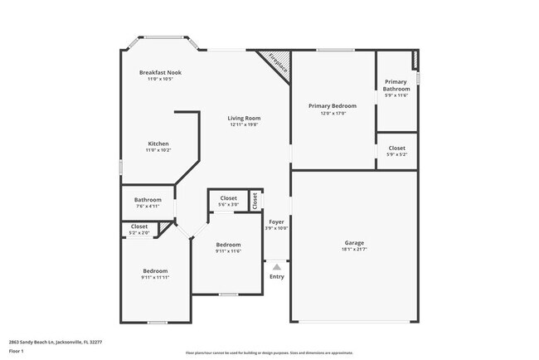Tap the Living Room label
click(244, 119)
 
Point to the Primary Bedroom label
click(333, 106)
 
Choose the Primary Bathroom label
click(396, 85)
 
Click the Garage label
click(354, 243)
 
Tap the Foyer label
click(276, 221)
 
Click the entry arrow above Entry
click(276, 266)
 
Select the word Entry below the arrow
click(276, 276)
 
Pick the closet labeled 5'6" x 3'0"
click(228, 200)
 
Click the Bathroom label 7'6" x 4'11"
click(148, 202)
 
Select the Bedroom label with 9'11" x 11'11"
click(155, 274)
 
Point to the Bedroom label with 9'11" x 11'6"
click(228, 247)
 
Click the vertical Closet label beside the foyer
click(255, 200)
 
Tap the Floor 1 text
click(17, 352)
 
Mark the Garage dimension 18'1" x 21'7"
click(354, 249)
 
